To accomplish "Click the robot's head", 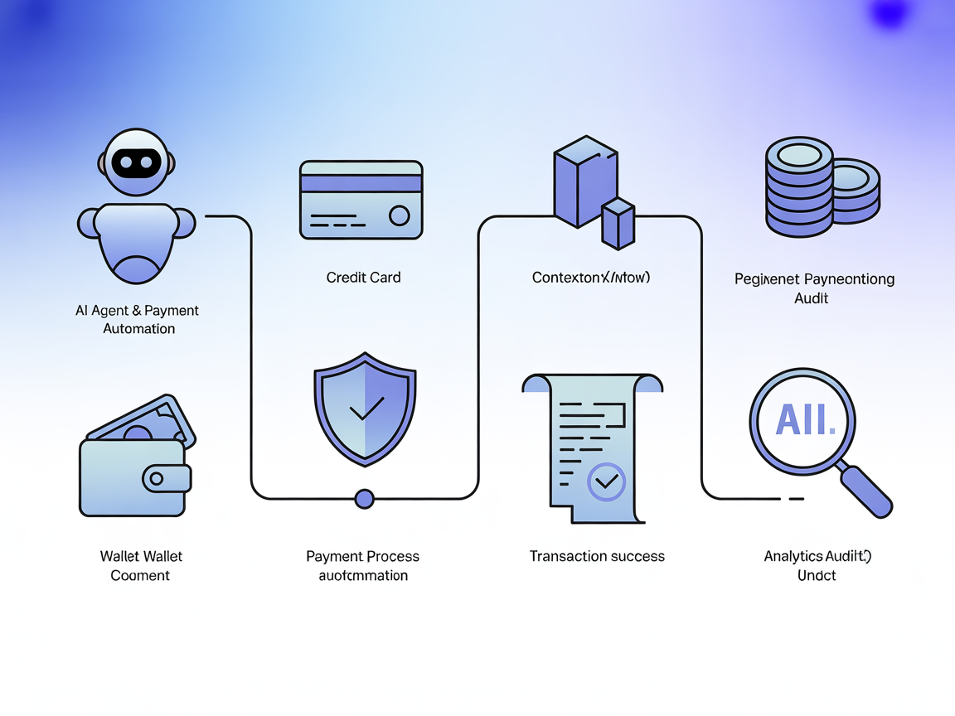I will tap(137, 162).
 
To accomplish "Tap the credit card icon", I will tap(361, 201).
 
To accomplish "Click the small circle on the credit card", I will tap(400, 216).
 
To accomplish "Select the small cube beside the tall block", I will tap(618, 224).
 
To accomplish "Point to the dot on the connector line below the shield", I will tap(364, 499).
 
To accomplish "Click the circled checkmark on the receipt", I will tap(607, 481).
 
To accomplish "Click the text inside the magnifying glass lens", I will tap(803, 421).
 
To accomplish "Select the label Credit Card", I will tap(363, 278).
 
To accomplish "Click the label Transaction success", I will tap(597, 556).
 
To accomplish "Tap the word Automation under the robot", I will tap(138, 328).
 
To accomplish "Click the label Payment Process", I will tap(363, 556).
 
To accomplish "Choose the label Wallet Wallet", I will tap(141, 556).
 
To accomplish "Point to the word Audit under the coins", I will tap(811, 298).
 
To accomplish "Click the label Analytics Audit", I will tap(817, 556).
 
